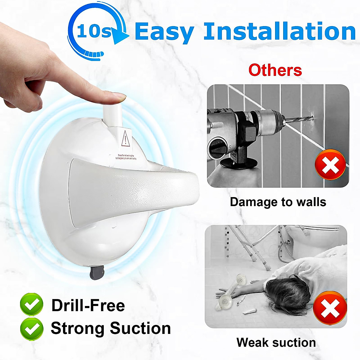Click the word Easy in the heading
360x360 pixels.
[x=164, y=32]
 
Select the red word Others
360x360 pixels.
[x=275, y=70]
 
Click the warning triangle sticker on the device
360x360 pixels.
[x=125, y=139]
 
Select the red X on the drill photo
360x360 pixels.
[x=330, y=164]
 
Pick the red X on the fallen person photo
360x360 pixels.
[x=330, y=308]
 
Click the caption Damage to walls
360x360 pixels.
[x=278, y=202]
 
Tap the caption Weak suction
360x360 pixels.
[x=276, y=342]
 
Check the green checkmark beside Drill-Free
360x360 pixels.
[x=31, y=305]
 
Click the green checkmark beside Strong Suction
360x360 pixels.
[x=31, y=328]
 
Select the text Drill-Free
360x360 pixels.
[x=88, y=305]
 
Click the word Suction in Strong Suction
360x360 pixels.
[x=140, y=328]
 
